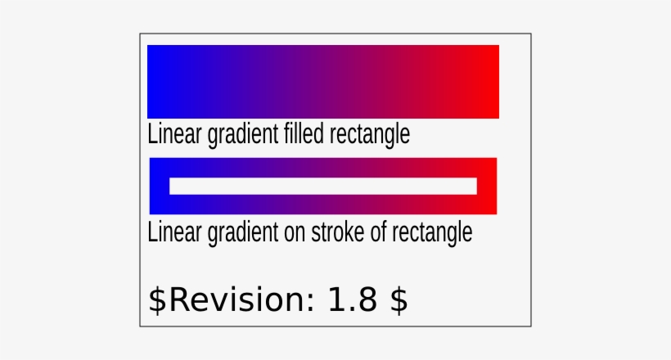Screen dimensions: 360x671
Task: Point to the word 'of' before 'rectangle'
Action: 377,232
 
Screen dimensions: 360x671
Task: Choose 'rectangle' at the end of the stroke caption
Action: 431,232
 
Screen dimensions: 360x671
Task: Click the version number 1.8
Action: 352,300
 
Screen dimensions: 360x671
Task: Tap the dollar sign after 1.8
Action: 399,300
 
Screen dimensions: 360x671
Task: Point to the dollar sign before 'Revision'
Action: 156,300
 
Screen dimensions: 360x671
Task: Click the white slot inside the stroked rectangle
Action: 323,186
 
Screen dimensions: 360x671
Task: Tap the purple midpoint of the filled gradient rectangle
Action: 323,82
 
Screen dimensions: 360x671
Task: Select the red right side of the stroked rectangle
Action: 488,186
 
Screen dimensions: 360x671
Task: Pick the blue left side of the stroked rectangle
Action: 159,186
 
